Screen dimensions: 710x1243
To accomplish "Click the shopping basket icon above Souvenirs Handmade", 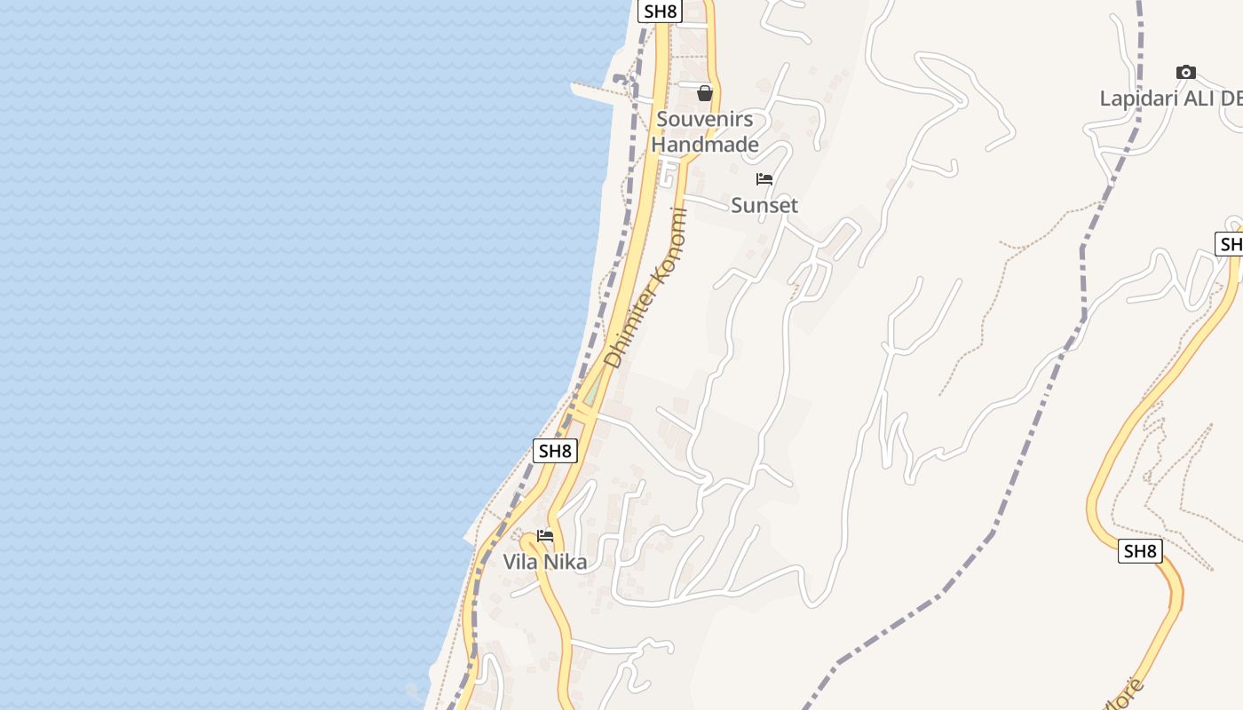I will point(705,93).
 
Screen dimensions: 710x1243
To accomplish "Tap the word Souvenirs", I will point(704,119).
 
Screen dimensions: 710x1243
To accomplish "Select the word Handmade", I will point(705,144).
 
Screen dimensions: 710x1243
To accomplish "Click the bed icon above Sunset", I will point(764,179).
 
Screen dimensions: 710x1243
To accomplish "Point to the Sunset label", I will point(764,205).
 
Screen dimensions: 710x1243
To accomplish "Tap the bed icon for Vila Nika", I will point(545,536).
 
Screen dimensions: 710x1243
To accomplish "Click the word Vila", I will point(520,562).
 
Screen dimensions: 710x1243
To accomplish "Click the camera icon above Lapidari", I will point(1185,73).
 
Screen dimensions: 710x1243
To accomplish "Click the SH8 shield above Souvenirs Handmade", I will point(660,11).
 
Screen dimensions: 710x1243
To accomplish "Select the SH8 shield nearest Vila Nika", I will point(555,450).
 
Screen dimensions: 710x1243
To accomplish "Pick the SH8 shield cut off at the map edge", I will point(1231,243).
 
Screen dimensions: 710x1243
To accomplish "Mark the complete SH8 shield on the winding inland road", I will point(1140,551).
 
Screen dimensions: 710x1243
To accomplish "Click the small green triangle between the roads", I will point(592,390).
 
